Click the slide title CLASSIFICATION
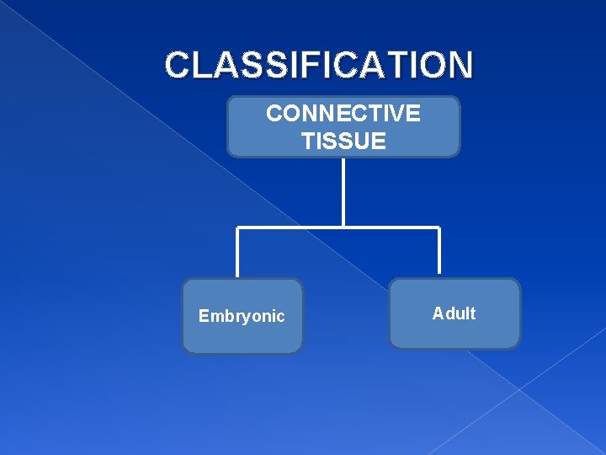click(319, 65)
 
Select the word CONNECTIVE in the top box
click(343, 114)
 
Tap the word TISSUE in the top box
click(343, 141)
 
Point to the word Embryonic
click(242, 317)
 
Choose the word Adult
click(454, 313)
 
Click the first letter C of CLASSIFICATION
click(178, 65)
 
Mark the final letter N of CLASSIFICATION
click(460, 65)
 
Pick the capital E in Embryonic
click(204, 317)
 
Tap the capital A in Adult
click(438, 313)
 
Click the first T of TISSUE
click(307, 141)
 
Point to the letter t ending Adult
click(472, 313)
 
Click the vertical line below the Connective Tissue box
click(343, 192)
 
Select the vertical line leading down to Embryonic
click(238, 253)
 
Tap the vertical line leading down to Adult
click(439, 253)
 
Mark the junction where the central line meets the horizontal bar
click(343, 227)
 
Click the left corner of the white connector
click(238, 227)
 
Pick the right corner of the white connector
click(439, 227)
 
